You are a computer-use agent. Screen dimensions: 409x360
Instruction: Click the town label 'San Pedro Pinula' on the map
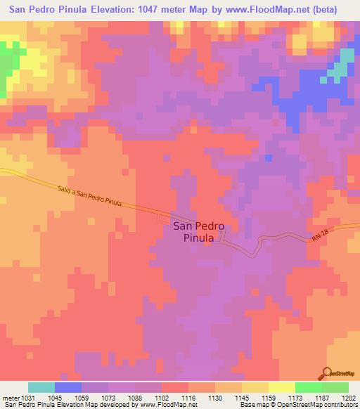[x=198, y=232]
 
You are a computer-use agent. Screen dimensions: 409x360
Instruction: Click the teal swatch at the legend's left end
[x=41, y=387]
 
